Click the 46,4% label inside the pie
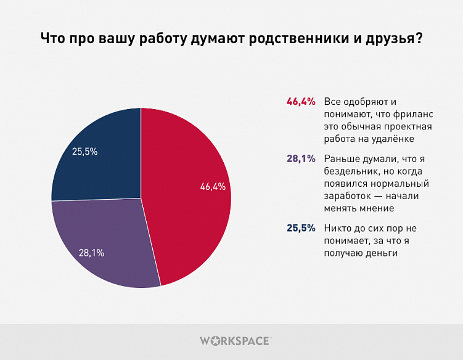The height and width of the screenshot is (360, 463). point(213,187)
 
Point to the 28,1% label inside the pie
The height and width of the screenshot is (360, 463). point(91,253)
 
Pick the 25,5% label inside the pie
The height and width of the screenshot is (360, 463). point(85,151)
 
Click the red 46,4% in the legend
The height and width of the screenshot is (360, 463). point(301,101)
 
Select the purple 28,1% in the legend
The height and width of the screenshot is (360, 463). point(301,158)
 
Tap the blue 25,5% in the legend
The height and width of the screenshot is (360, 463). point(301,227)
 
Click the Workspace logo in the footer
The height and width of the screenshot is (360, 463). point(235,340)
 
